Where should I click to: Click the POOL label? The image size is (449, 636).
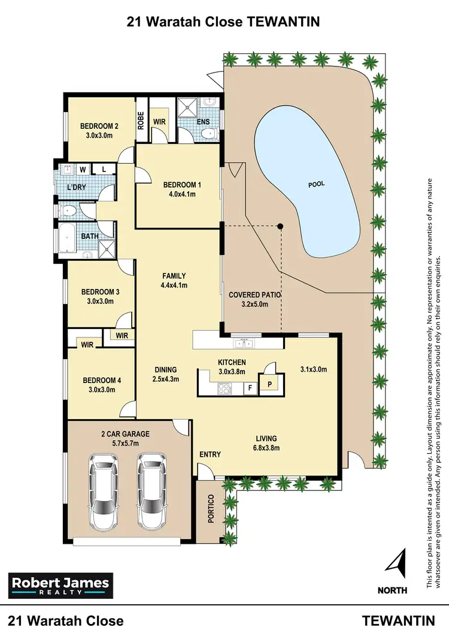point(316,184)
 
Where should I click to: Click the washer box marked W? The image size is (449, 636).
point(82,169)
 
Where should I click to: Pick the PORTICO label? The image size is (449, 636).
point(211,510)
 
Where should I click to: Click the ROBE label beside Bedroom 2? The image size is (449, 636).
point(141,122)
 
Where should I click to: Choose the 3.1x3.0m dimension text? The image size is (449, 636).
point(313,370)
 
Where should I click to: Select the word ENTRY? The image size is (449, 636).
point(210,454)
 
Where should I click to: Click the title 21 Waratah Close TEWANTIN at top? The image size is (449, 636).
point(224,22)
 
